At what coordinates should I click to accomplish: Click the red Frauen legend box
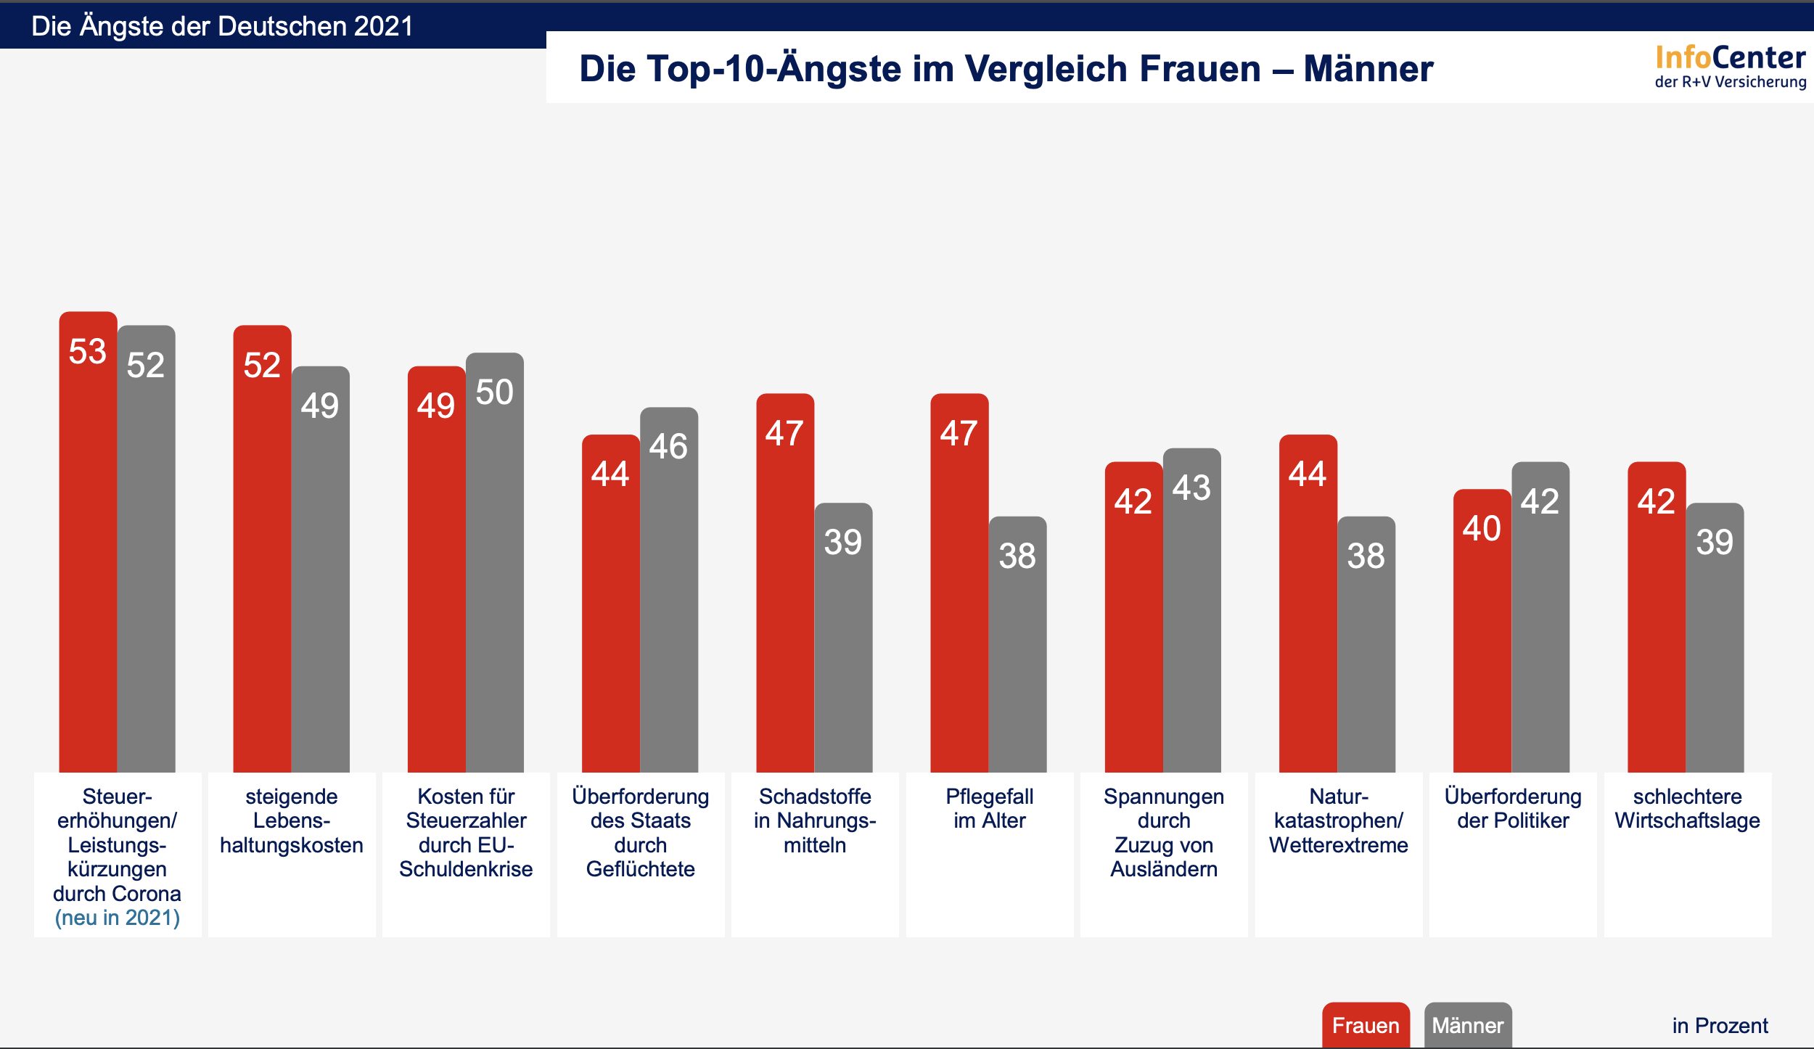(1365, 1025)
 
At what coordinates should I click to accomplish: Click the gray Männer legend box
(1467, 1025)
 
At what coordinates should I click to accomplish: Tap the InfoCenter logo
(1730, 66)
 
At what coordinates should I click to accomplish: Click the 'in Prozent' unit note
(1720, 1025)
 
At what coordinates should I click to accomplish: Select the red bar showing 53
(88, 551)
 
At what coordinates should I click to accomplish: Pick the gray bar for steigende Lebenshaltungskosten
(320, 580)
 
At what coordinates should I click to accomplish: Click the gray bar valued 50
(494, 573)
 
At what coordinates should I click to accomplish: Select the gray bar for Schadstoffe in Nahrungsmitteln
(843, 646)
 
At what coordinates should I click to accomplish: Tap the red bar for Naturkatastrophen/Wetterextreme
(1308, 609)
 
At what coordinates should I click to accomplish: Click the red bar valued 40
(1482, 638)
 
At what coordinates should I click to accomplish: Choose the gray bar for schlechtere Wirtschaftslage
(1715, 646)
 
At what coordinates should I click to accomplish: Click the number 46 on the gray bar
(668, 446)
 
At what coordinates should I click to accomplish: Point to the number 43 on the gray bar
(1191, 488)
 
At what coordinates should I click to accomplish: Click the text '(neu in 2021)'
(118, 918)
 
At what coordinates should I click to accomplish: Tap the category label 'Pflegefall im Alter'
(989, 808)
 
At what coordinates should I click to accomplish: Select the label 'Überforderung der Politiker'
(1513, 808)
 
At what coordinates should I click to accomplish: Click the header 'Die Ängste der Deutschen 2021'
(222, 26)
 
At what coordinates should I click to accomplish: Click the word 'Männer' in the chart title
(1368, 69)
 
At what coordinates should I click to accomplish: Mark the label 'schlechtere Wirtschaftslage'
(1687, 808)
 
